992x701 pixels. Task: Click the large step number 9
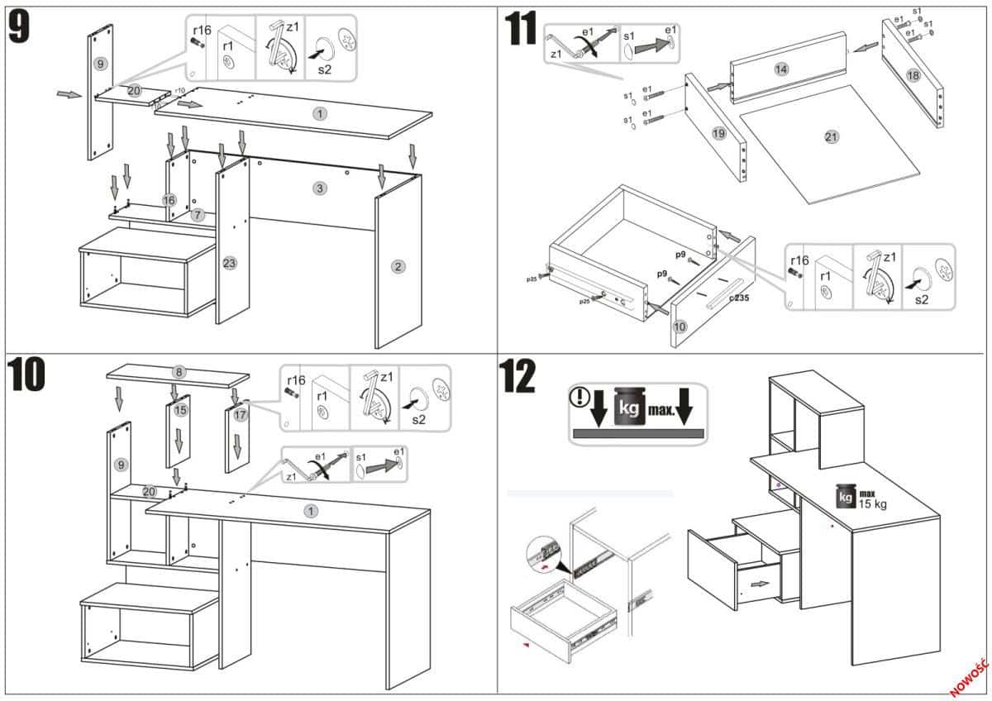click(20, 27)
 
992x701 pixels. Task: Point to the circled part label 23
click(230, 264)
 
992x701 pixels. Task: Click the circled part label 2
click(398, 266)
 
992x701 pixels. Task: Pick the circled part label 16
click(169, 200)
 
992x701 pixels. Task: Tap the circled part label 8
click(178, 372)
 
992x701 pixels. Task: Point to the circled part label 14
click(781, 69)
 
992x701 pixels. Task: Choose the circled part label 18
click(913, 75)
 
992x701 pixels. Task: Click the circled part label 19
click(718, 133)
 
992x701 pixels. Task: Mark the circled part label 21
click(832, 137)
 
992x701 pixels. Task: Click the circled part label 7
click(197, 215)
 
